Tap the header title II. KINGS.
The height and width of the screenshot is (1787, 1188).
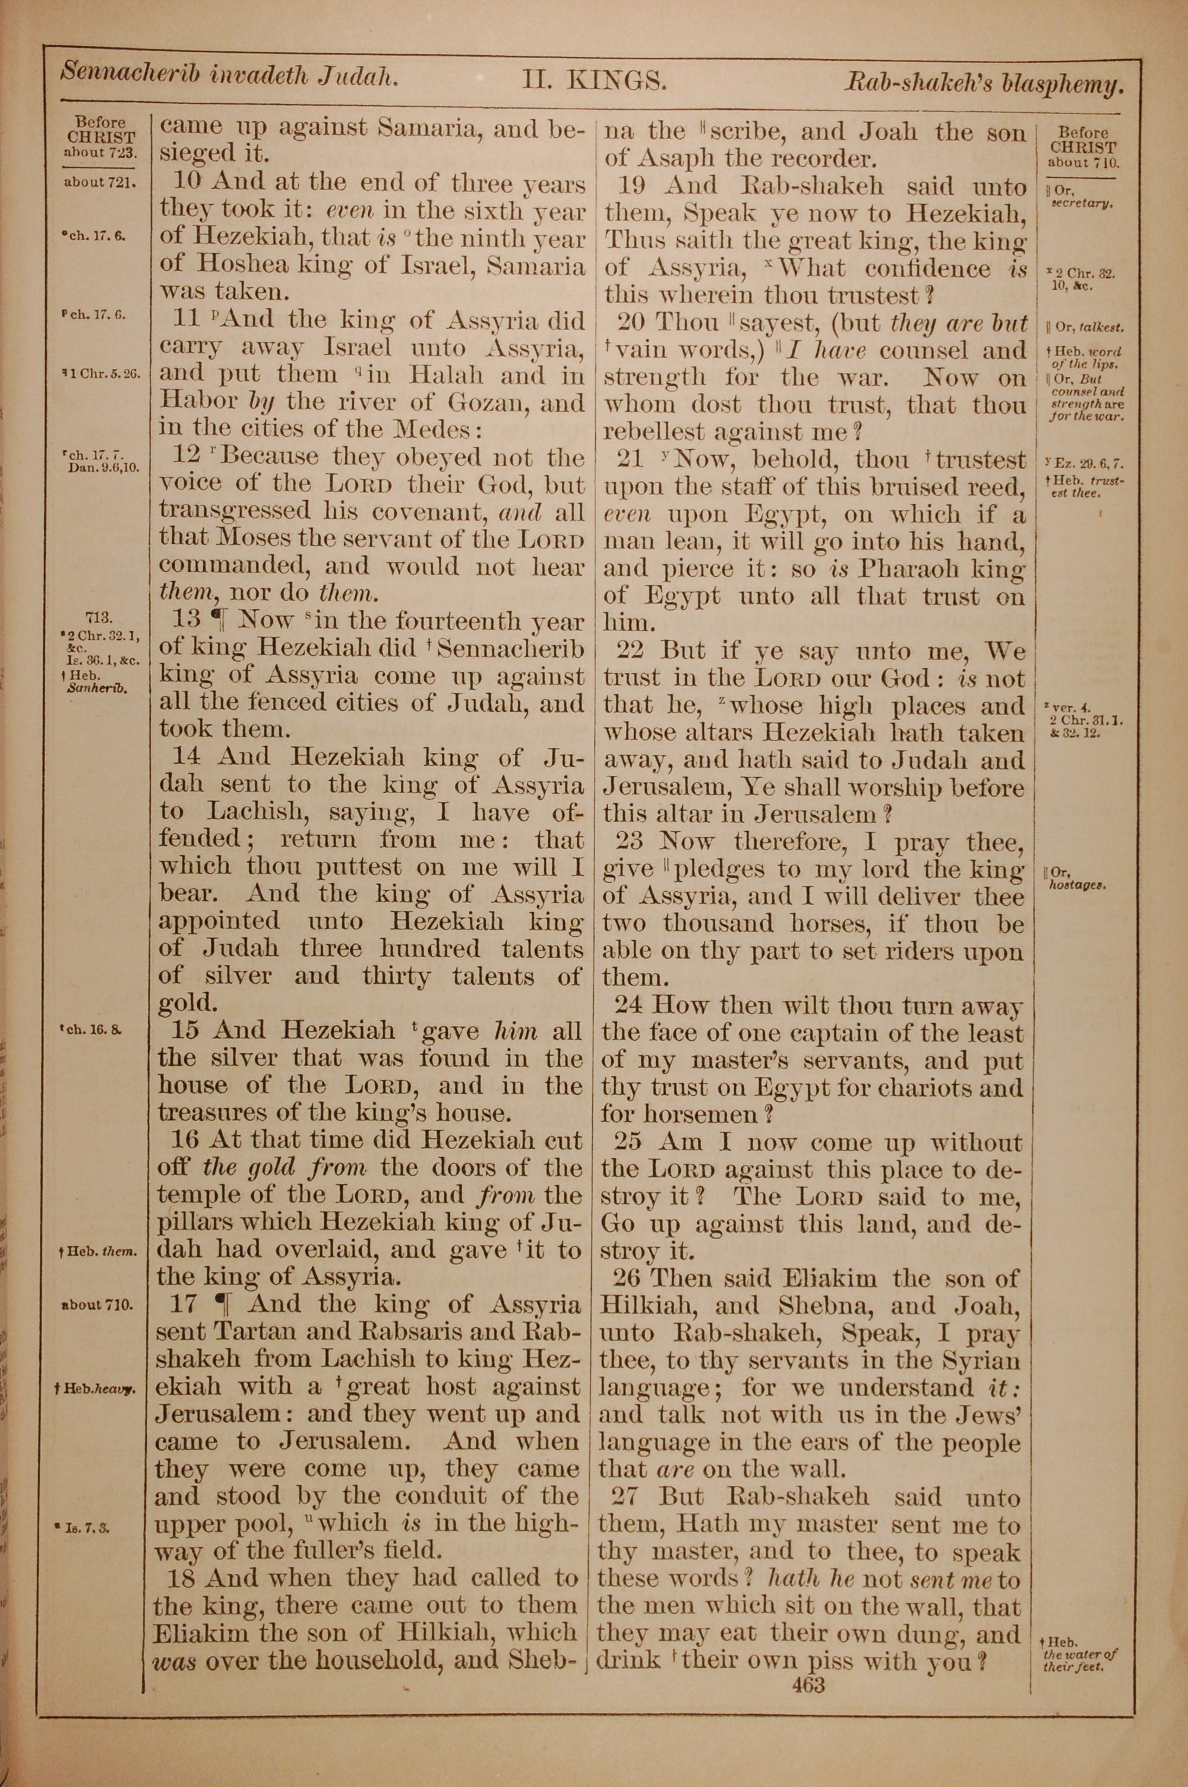(x=593, y=80)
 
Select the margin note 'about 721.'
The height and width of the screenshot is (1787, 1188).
(x=99, y=182)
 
